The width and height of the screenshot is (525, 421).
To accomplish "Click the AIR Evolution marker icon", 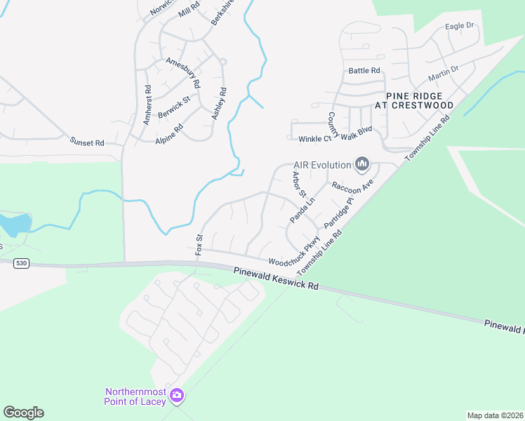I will tap(362, 165).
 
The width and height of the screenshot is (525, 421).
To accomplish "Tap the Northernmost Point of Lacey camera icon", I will tap(177, 396).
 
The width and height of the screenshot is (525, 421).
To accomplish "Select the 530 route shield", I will tap(20, 262).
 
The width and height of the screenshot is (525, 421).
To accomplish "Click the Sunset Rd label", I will tap(87, 142).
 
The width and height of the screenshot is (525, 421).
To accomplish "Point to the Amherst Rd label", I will tap(147, 105).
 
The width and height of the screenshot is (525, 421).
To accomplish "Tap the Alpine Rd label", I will tap(169, 133).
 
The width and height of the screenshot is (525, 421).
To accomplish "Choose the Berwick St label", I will tap(174, 108).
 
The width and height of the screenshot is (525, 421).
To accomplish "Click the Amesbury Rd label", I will tap(183, 73).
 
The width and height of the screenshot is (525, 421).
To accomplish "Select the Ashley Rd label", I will tap(220, 102).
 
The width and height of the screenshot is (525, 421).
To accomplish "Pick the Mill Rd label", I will tap(190, 10).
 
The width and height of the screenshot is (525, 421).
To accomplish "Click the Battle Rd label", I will tap(364, 71).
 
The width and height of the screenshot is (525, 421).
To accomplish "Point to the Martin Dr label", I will tap(443, 72).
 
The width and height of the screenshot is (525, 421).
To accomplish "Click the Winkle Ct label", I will tap(313, 140).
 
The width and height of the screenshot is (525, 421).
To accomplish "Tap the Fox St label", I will tap(199, 243).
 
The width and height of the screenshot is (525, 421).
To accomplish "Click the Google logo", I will tap(24, 413).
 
